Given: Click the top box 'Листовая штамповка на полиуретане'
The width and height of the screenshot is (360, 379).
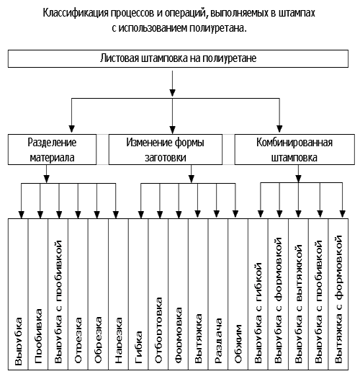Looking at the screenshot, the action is coord(178,59).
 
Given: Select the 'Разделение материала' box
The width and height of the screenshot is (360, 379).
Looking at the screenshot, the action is coord(52,150).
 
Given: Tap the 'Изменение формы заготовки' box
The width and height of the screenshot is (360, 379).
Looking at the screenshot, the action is coord(166,150).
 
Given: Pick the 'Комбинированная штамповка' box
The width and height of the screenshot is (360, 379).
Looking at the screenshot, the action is coord(294,150).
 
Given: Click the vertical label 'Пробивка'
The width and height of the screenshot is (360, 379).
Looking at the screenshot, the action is coord(38,336).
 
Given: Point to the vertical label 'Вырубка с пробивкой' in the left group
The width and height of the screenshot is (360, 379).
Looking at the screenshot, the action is coord(58,302).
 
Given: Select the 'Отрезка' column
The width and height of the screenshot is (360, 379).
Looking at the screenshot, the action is coord(78,340).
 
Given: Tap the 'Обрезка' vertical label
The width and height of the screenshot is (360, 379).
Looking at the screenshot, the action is coord(98,340).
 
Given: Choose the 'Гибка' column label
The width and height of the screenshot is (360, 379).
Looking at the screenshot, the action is coord(138,347).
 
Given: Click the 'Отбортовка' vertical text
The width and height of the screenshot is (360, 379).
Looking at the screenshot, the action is coord(158,330).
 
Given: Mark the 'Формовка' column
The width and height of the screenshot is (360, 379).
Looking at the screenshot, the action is coord(178,335).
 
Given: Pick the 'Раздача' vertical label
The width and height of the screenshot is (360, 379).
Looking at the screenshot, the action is coord(218,341).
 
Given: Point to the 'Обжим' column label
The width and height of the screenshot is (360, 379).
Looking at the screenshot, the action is coord(238,344).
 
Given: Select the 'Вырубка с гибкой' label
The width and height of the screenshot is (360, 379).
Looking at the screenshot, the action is coord(258,313).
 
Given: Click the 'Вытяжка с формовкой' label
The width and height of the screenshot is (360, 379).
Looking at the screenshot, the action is coord(338,299).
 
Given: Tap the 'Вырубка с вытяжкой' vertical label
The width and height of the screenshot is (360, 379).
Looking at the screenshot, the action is coord(298,304).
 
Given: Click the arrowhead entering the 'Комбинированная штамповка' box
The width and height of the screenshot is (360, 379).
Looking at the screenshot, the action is coord(279,129).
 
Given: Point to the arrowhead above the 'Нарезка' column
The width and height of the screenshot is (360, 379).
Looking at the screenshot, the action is coord(116,215).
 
